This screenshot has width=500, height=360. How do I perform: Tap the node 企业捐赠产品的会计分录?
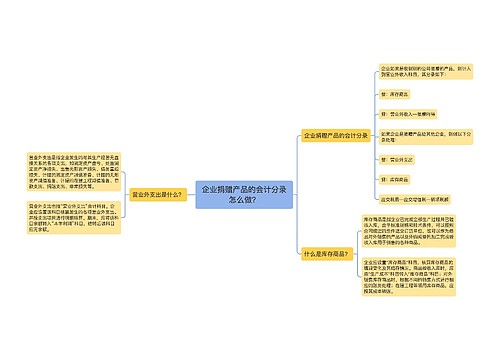click(x=336, y=135)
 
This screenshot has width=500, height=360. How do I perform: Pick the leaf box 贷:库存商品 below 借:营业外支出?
click(x=398, y=178)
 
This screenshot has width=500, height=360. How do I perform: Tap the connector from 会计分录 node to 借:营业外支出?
click(x=375, y=147)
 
